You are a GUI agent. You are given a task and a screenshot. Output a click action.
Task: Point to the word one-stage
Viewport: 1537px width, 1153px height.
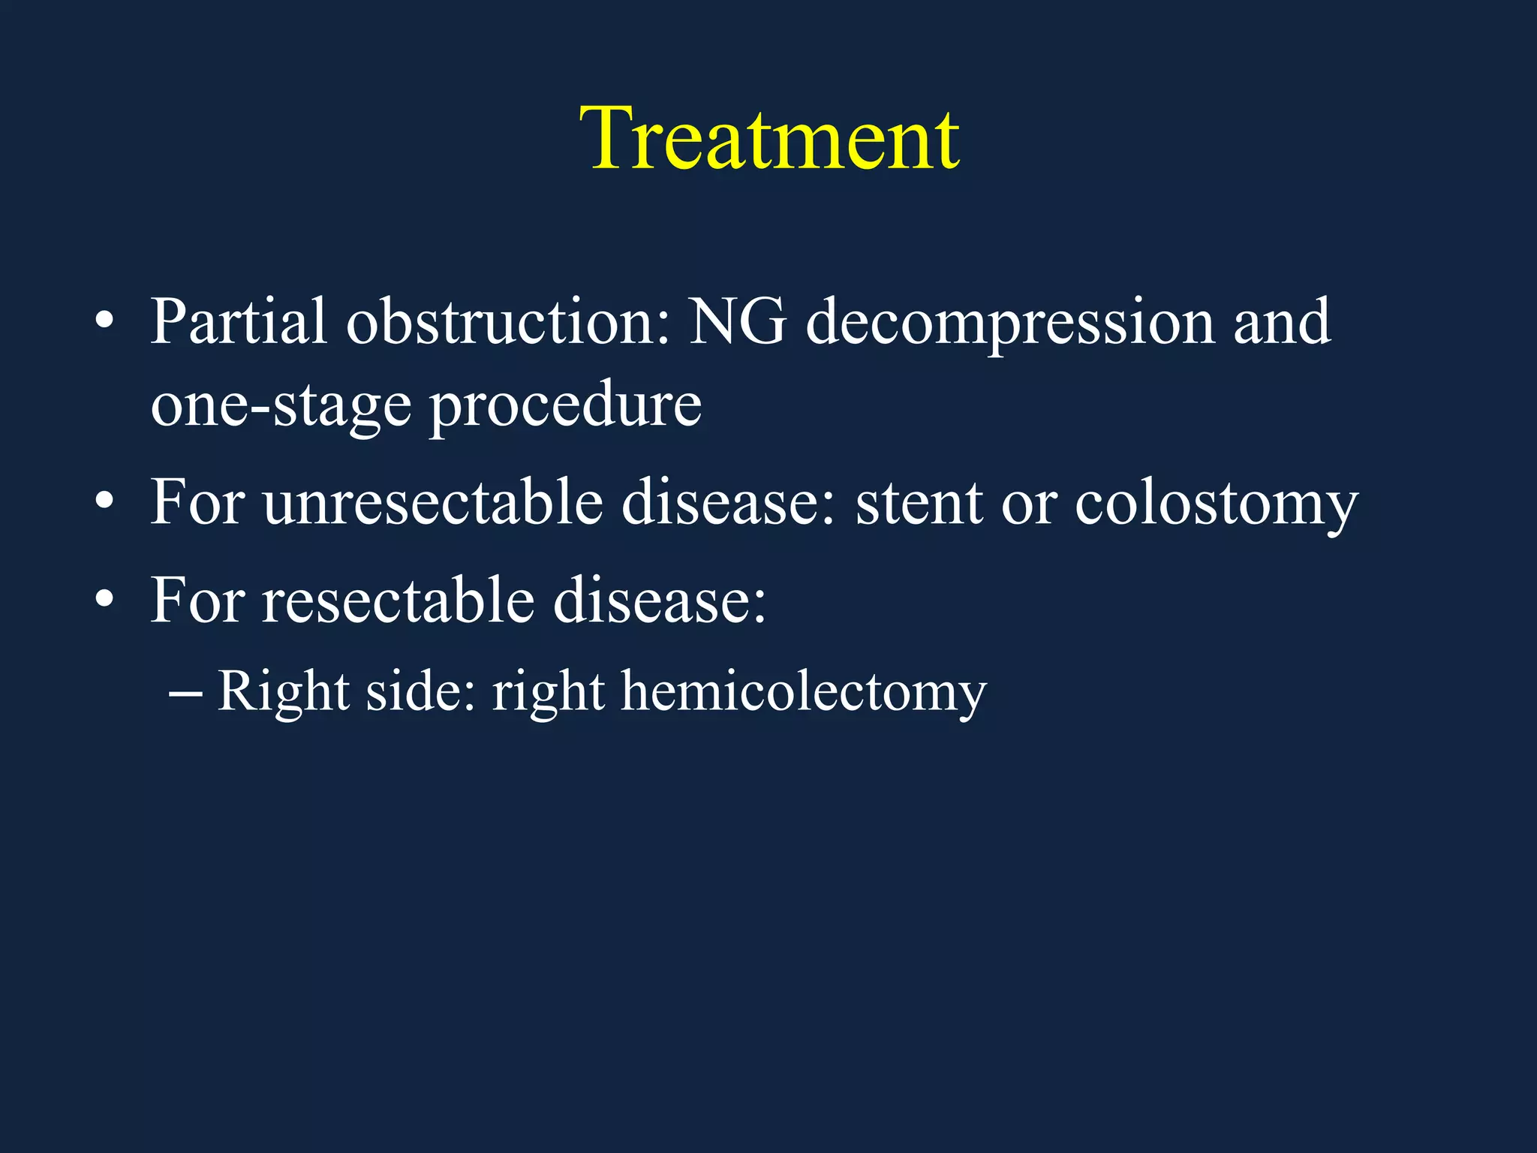281,405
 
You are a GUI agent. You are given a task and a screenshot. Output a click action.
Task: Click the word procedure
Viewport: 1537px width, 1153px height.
565,405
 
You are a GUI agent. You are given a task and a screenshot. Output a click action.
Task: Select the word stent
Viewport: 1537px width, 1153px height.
919,503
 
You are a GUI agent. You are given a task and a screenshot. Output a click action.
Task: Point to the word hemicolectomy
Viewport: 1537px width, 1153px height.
803,691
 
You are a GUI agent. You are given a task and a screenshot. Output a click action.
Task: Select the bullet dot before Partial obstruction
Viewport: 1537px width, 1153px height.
105,323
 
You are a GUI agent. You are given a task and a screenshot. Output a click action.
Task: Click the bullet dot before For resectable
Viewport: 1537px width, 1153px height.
105,600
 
